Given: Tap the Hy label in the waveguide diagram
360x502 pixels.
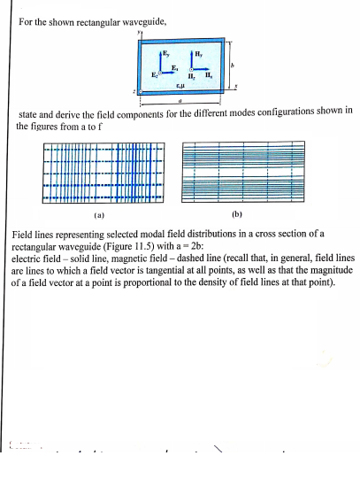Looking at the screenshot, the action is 201,55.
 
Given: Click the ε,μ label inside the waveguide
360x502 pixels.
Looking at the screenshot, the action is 181,85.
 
